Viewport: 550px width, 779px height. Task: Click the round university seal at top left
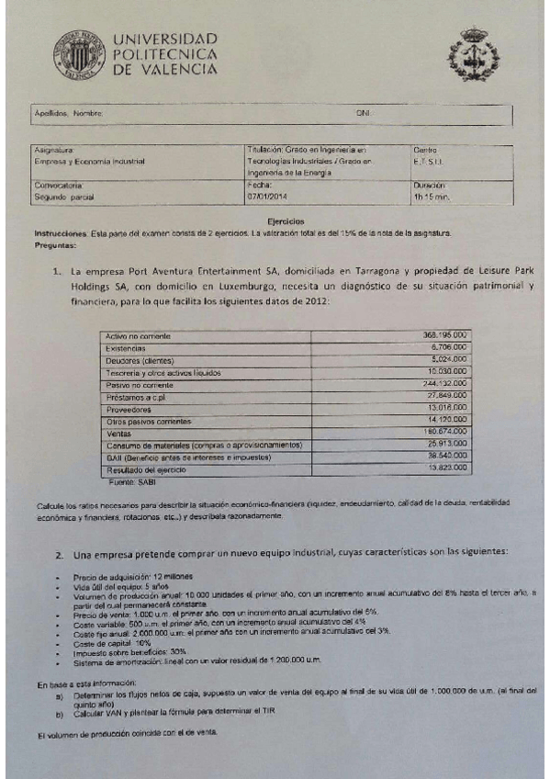pyautogui.click(x=78, y=54)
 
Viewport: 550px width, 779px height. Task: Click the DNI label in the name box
pyautogui.click(x=362, y=113)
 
